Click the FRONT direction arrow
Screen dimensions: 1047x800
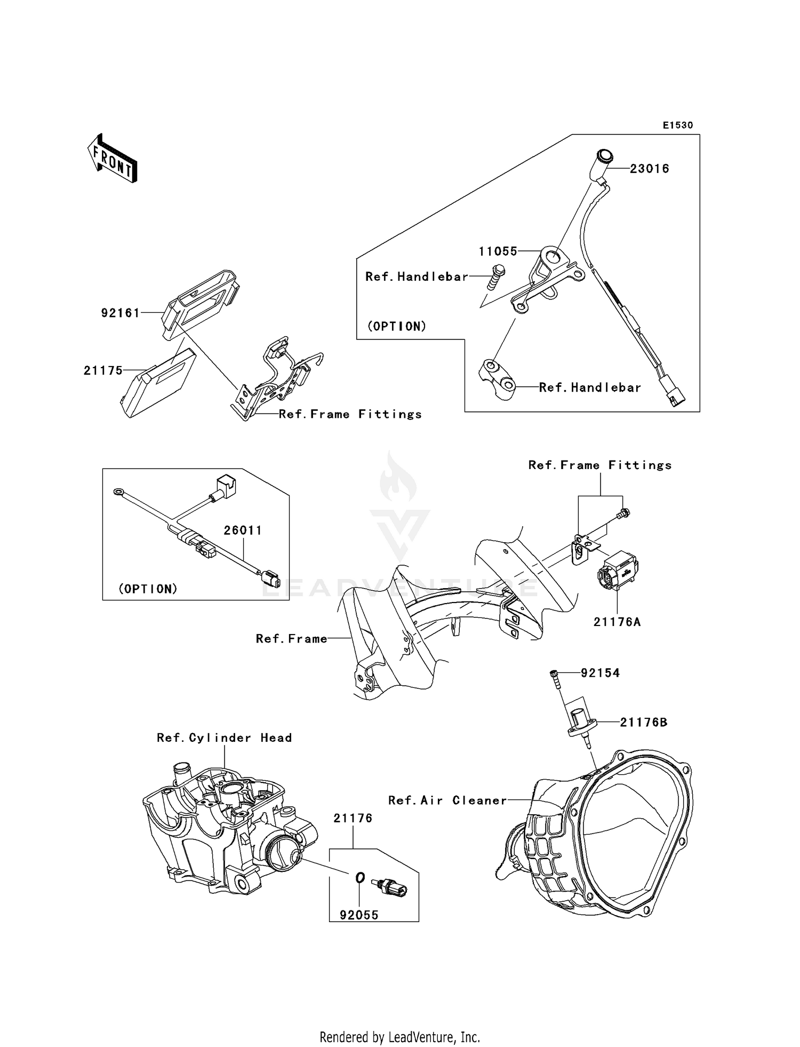pyautogui.click(x=113, y=159)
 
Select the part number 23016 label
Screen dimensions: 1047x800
pyautogui.click(x=649, y=169)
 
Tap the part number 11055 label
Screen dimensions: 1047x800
pyautogui.click(x=498, y=251)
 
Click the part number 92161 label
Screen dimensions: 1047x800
pyautogui.click(x=121, y=313)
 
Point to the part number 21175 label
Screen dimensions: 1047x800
pyautogui.click(x=103, y=370)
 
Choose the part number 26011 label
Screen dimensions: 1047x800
pyautogui.click(x=243, y=530)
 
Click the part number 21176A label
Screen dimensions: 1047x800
pyautogui.click(x=617, y=622)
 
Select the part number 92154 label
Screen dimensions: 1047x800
pyautogui.click(x=600, y=673)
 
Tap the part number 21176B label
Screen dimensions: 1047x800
pyautogui.click(x=643, y=723)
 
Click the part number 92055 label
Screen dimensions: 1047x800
pyautogui.click(x=359, y=915)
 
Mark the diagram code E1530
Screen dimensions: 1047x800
pyautogui.click(x=678, y=125)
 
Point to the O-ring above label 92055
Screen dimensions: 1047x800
pyautogui.click(x=360, y=878)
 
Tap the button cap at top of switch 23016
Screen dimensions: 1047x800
pyautogui.click(x=604, y=156)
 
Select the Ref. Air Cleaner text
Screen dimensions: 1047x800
pyautogui.click(x=447, y=800)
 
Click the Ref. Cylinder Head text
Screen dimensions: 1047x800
pyautogui.click(x=224, y=738)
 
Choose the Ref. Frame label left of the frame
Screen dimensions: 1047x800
pyautogui.click(x=291, y=639)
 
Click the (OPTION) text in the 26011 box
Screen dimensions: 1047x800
pyautogui.click(x=148, y=589)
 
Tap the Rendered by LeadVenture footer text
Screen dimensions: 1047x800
pyautogui.click(x=399, y=1037)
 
